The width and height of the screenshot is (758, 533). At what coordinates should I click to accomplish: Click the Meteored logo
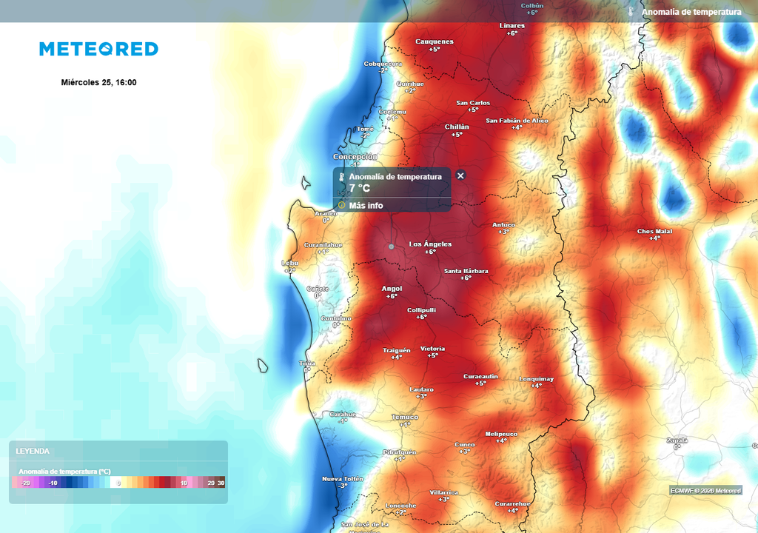click(x=98, y=49)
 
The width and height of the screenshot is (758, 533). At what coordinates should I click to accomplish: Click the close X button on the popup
click(x=460, y=175)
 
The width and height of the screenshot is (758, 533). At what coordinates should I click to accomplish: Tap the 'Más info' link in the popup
click(x=366, y=205)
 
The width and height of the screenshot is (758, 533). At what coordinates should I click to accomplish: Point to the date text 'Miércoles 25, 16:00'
click(x=98, y=82)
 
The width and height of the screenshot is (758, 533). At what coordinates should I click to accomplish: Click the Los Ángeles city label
click(x=430, y=244)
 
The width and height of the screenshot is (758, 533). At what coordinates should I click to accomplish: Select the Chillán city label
click(x=457, y=127)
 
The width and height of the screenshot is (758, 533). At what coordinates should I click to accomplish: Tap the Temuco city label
click(x=405, y=417)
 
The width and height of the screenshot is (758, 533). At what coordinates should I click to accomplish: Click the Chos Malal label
click(x=654, y=232)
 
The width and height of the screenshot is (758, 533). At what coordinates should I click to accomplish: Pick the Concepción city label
click(x=355, y=157)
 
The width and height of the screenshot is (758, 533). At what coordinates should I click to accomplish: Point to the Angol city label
click(x=392, y=289)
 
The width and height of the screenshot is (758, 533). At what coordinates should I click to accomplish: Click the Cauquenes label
click(x=435, y=41)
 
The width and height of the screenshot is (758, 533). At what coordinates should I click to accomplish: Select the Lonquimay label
click(x=537, y=378)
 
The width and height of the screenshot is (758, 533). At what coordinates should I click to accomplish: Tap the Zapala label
click(x=677, y=439)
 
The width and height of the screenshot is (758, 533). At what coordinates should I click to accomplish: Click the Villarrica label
click(x=443, y=492)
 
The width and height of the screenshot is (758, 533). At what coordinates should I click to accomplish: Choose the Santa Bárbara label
click(x=466, y=271)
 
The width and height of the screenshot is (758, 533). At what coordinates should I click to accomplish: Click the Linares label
click(x=512, y=26)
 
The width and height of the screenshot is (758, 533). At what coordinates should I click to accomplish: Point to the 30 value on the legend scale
click(x=221, y=483)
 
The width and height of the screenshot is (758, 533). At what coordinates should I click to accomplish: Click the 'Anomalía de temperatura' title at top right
click(x=691, y=12)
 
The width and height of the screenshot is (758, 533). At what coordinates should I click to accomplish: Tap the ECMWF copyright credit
click(x=705, y=490)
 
